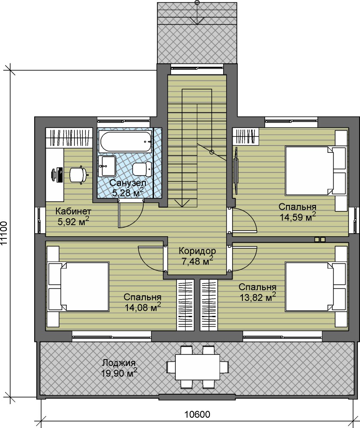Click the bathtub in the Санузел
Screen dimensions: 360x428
[x=126, y=142]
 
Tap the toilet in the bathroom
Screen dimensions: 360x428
[x=142, y=169]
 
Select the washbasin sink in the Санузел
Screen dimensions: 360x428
[x=107, y=166]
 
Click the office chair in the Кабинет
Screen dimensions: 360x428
[x=79, y=174]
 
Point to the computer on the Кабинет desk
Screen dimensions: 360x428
[x=57, y=175]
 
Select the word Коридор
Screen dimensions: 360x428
[x=197, y=250]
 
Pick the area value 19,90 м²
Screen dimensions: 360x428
[x=119, y=373]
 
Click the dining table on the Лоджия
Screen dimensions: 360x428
[x=198, y=367]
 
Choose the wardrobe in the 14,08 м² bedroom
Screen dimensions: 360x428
[x=186, y=305]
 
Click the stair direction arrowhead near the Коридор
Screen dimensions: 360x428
[x=182, y=203]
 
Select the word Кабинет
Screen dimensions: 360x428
[x=73, y=211]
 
